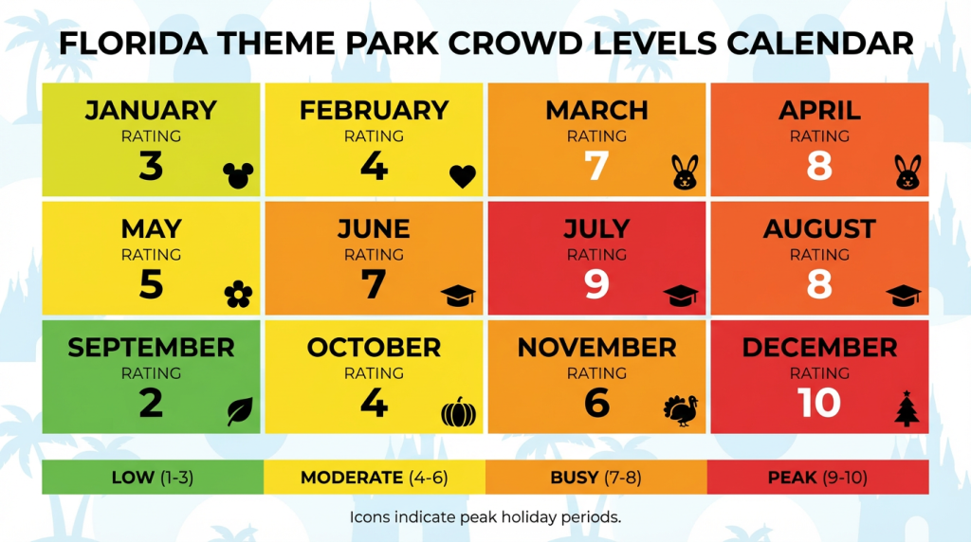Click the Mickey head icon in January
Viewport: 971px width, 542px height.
(x=239, y=174)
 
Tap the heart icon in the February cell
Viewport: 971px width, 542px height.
(x=462, y=175)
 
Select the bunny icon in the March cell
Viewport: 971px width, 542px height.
(x=684, y=172)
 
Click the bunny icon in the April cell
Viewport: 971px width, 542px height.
(x=907, y=172)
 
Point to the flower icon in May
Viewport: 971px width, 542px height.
(x=239, y=296)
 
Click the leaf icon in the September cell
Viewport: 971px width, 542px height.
(x=240, y=411)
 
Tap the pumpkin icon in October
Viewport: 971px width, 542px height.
(x=459, y=413)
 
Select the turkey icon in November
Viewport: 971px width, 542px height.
(x=680, y=411)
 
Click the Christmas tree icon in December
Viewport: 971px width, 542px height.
(x=907, y=409)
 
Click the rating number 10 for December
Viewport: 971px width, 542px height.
(x=819, y=404)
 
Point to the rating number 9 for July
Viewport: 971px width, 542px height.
(x=596, y=284)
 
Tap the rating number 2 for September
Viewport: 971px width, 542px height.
(x=151, y=404)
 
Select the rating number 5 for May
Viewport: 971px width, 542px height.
(x=151, y=284)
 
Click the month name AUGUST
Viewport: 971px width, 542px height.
(x=819, y=229)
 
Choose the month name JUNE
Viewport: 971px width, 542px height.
(x=374, y=229)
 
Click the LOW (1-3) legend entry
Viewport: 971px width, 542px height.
(x=152, y=478)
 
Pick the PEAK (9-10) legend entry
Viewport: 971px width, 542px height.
(x=817, y=478)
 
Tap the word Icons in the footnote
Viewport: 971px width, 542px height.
(x=370, y=517)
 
